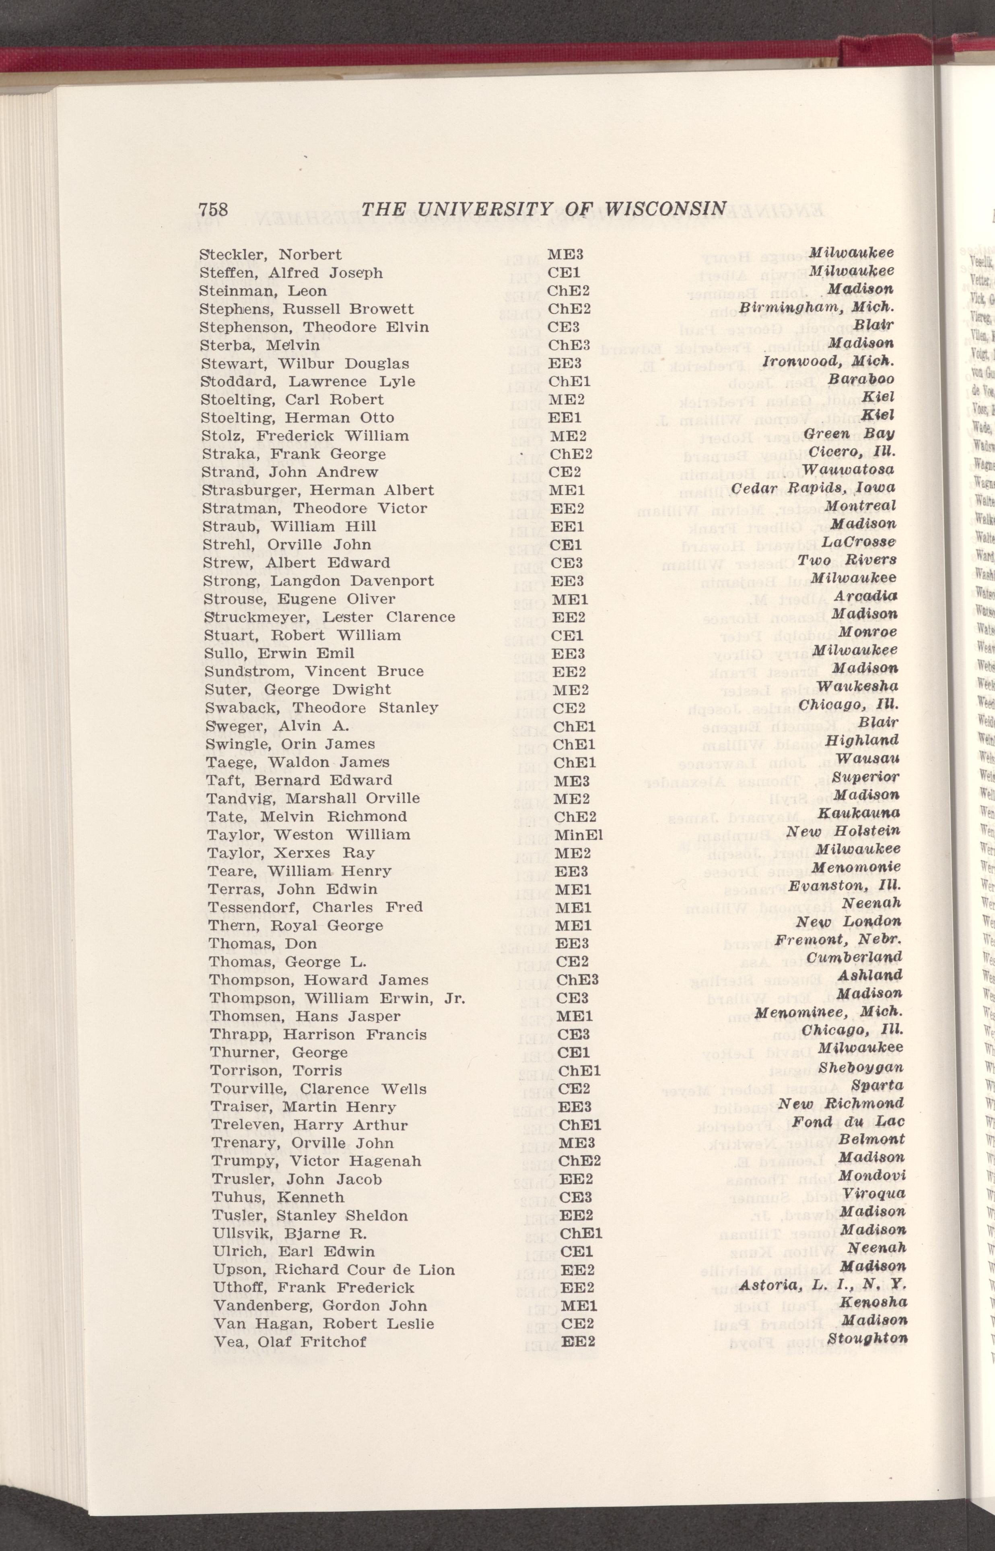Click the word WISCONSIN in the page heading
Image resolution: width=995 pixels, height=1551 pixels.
667,209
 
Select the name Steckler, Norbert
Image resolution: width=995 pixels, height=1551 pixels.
271,255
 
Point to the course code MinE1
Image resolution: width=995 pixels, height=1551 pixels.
578,835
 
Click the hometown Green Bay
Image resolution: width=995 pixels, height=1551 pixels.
850,434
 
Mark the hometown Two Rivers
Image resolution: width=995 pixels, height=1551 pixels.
847,560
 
